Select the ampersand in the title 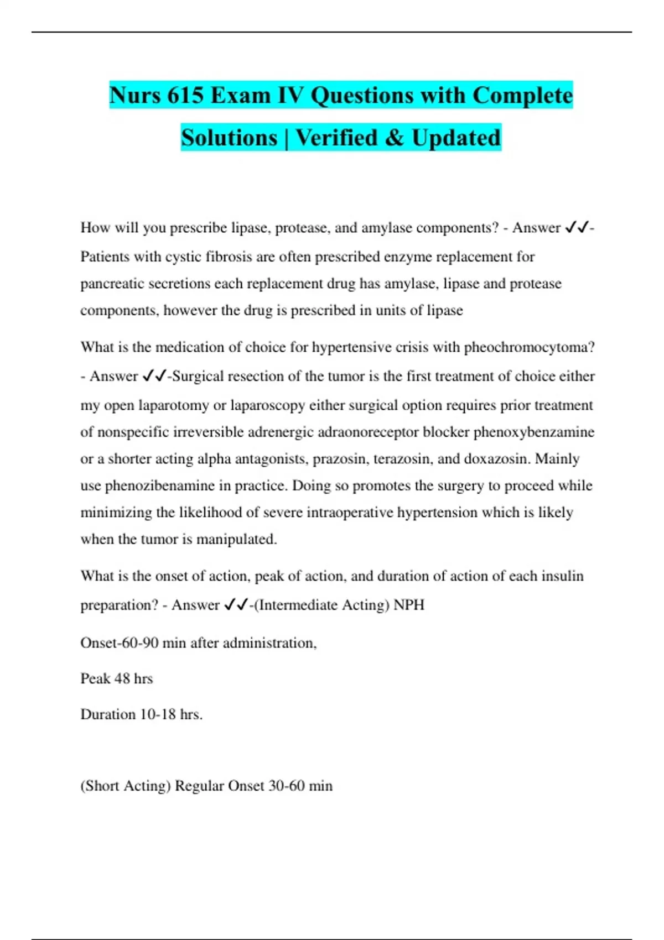(395, 138)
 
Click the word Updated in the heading (456, 138)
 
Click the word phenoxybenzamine (533, 432)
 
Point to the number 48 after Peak (122, 678)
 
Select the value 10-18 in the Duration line (158, 714)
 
